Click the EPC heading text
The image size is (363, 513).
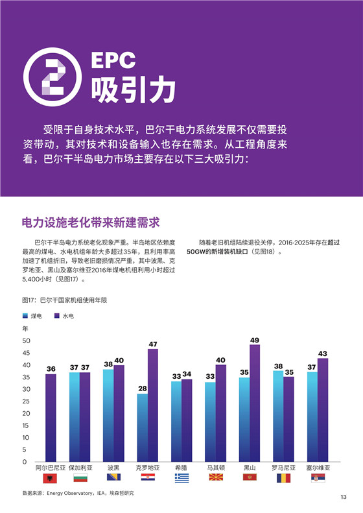coord(113,60)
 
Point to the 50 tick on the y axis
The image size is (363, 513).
coord(27,340)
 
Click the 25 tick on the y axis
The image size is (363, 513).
coord(27,401)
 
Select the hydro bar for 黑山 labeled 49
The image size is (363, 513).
coord(255,403)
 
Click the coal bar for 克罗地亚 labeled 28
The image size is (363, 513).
coord(142,427)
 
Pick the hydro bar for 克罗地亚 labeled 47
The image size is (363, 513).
coord(153,405)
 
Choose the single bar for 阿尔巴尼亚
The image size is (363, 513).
coord(51,418)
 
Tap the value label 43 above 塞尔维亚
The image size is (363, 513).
coord(323,353)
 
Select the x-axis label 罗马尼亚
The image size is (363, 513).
coord(283,468)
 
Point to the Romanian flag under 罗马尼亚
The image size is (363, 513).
coord(283,478)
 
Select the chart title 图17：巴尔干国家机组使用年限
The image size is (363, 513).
coord(64,300)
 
